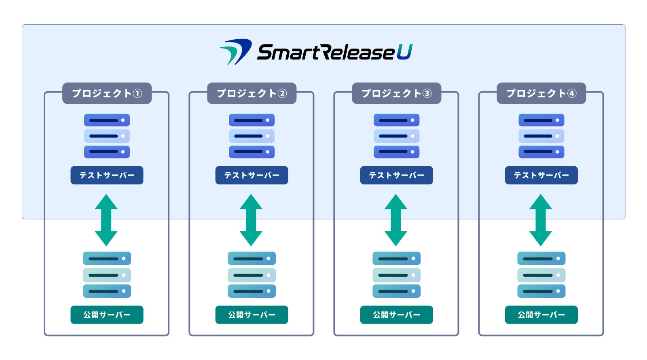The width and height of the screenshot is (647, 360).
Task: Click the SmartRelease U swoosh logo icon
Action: point(236,52)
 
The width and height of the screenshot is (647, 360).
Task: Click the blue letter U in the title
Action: point(405,52)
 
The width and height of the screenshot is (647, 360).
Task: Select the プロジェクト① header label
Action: point(107,93)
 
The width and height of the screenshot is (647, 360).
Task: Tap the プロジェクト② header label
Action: point(252,93)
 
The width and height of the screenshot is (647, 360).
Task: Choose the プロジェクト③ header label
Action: point(397,93)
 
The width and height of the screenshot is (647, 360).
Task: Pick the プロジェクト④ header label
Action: point(541,93)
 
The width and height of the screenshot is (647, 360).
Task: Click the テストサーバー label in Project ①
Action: point(107,175)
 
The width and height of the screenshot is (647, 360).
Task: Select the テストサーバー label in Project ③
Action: point(397,175)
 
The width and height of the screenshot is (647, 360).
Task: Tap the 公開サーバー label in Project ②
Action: point(252,315)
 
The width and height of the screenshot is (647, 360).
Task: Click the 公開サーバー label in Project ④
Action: point(541,315)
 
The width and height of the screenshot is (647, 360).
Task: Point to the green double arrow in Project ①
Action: point(106,220)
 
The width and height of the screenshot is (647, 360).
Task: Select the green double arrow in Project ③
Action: point(396,220)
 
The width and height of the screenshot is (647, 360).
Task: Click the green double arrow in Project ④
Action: point(541,220)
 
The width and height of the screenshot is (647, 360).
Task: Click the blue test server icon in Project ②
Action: point(252,136)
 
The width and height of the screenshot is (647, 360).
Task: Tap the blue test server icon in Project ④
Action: point(541,136)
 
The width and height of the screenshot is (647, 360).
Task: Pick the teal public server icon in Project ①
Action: point(107,275)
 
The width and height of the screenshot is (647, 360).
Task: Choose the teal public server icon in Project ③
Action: point(397,275)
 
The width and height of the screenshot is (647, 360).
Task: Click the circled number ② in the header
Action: point(282,93)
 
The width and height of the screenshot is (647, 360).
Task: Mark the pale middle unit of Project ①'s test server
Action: point(107,136)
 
